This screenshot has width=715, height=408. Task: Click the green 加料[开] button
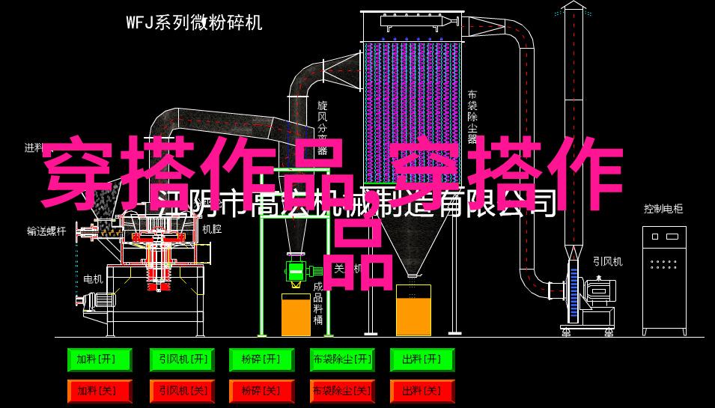[x=99, y=360]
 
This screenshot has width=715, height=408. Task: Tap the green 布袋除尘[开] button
[x=341, y=360]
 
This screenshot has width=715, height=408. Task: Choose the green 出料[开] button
[x=422, y=360]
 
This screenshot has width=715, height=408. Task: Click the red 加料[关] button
[x=99, y=391]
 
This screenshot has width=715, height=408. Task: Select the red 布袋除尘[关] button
[x=341, y=391]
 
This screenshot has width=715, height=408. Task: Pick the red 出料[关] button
[x=422, y=391]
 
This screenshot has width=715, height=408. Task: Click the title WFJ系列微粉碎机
[x=193, y=22]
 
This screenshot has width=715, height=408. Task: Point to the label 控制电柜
[x=663, y=209]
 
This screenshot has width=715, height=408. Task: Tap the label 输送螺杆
[x=46, y=231]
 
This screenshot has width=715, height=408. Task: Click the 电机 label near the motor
[x=93, y=278]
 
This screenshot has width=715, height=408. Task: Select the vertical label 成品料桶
[x=318, y=303]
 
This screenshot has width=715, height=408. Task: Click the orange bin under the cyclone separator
[x=296, y=314]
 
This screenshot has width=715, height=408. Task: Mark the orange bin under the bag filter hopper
[x=413, y=311]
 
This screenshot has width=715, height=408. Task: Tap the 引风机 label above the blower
[x=607, y=261]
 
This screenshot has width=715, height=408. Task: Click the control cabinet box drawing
[x=663, y=280]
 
